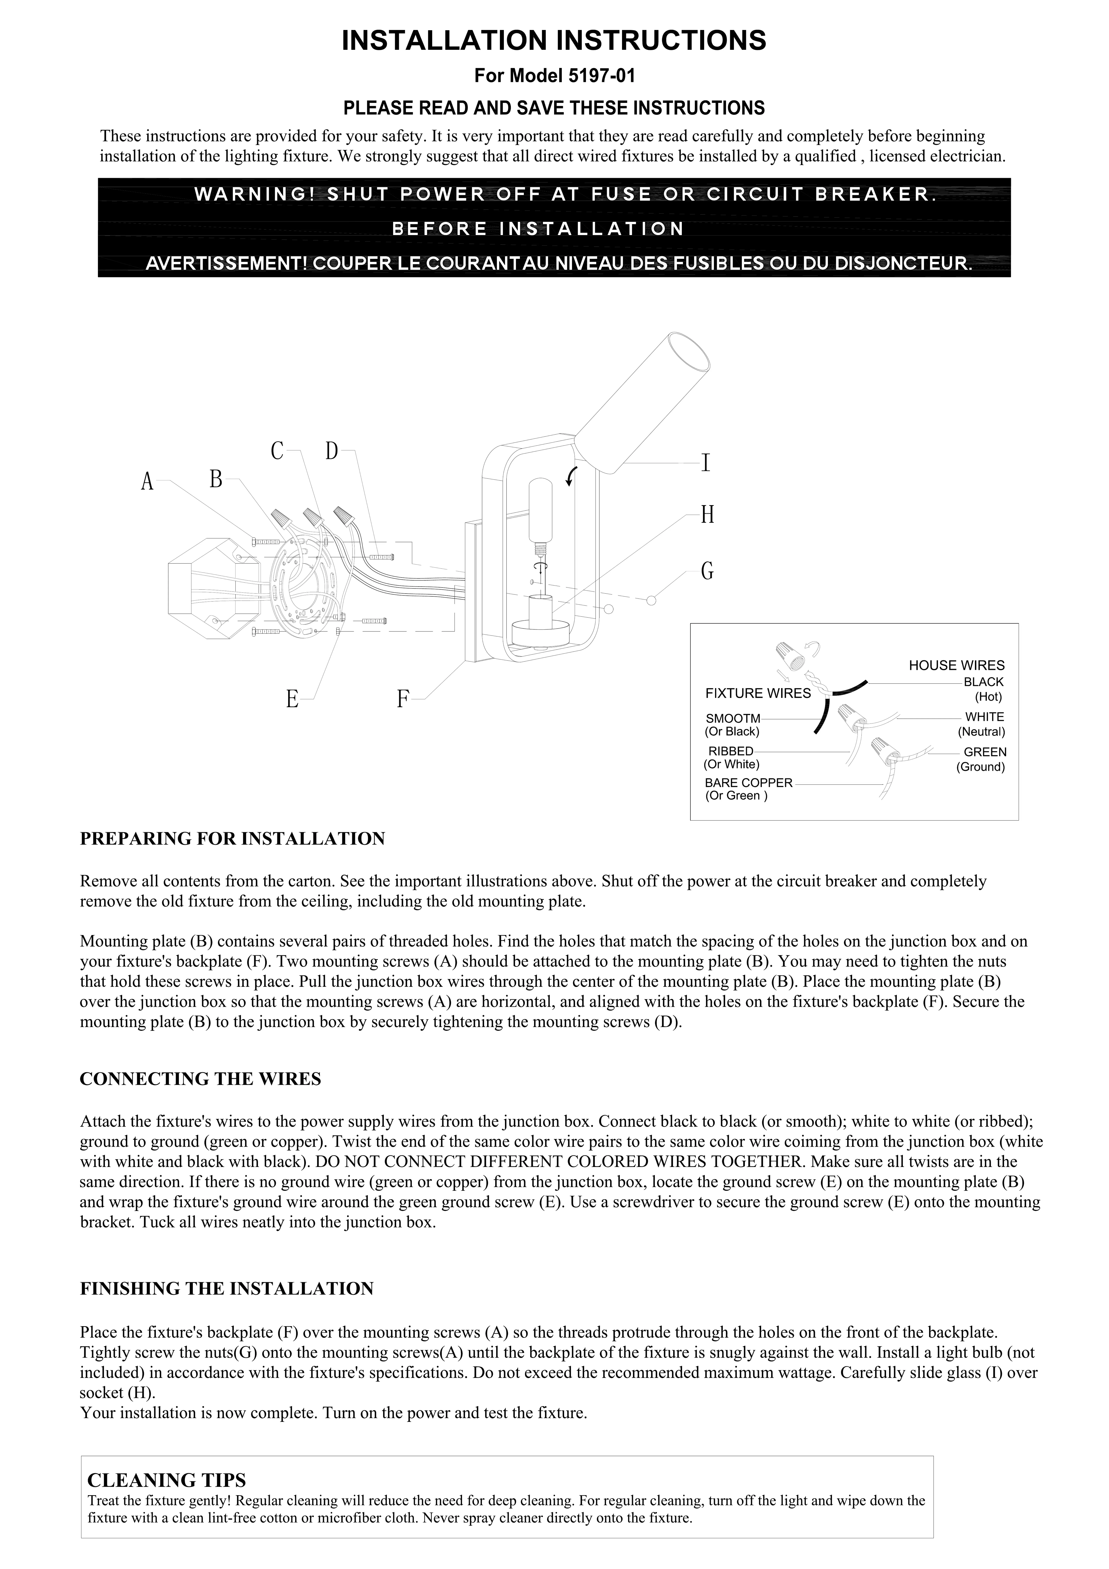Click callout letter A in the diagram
click(x=147, y=482)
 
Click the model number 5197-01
click(x=601, y=76)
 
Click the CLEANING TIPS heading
click(x=167, y=1480)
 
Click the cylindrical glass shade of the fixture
click(x=642, y=403)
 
